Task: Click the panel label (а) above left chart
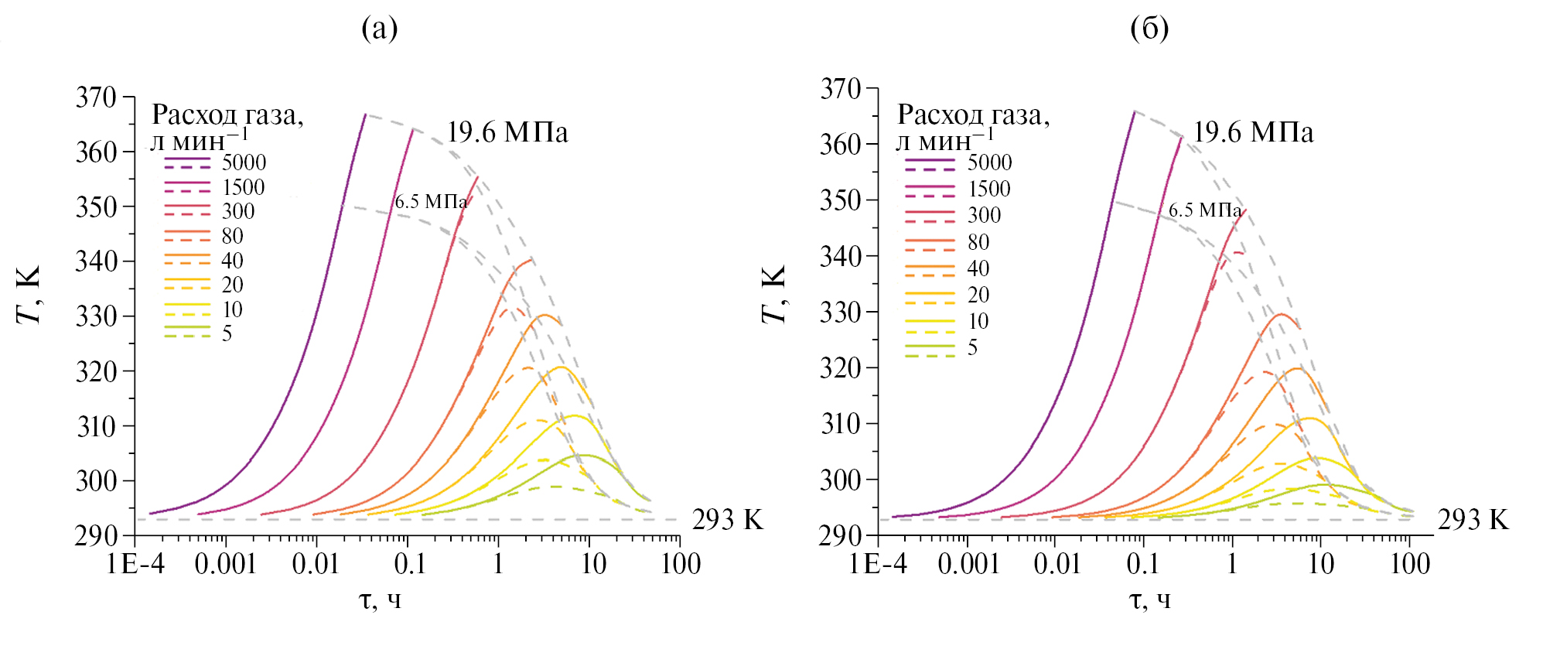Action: pos(379,29)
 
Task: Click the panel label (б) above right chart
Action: pos(1149,29)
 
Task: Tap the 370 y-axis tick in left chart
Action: pos(96,97)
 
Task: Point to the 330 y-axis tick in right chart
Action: pos(841,313)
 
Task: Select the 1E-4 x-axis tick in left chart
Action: pos(136,564)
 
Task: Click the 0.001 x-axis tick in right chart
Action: pos(968,564)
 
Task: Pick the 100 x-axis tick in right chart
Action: pos(1409,564)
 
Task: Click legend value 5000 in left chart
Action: pos(244,162)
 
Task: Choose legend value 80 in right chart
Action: pos(978,243)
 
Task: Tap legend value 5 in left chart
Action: pos(227,333)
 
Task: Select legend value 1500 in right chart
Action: pos(989,189)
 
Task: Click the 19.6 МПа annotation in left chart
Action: pos(507,132)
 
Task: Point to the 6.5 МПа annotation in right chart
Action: pos(1204,210)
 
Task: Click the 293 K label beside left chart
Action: pos(727,520)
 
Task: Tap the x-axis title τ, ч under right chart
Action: pos(1149,600)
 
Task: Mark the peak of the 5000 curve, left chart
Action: pos(365,114)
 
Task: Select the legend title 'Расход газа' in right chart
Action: pos(973,114)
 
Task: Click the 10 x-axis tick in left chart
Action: pos(592,564)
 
